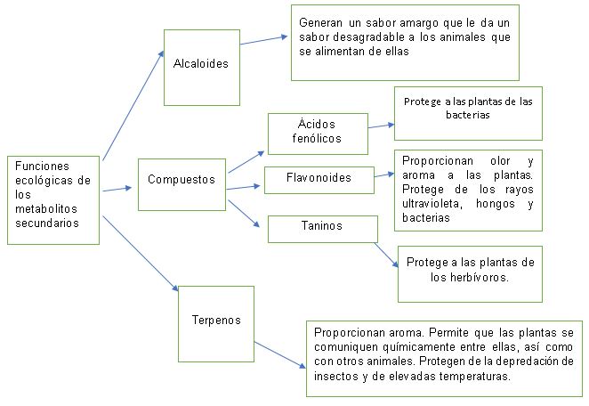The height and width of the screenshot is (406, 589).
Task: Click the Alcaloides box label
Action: (201, 63)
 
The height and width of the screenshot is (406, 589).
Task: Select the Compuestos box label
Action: (182, 179)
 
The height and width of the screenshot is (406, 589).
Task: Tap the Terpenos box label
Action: (216, 320)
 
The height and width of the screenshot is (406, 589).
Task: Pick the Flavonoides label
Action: (319, 177)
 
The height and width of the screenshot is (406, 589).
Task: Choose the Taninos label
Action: (322, 225)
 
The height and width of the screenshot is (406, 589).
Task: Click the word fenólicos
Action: (317, 138)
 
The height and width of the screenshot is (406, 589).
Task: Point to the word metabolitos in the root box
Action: (46, 208)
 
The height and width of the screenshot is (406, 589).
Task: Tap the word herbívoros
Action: (470, 278)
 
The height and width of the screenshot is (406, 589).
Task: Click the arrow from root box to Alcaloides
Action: (133, 106)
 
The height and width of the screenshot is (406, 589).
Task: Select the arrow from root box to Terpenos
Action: (141, 254)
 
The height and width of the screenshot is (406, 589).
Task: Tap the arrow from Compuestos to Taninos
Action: (244, 214)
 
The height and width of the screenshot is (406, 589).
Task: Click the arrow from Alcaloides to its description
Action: (264, 40)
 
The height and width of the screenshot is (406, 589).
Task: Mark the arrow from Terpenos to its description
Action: (280, 355)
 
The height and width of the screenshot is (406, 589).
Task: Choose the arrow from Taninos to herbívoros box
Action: (386, 256)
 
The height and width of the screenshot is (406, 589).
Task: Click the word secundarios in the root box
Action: (47, 223)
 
